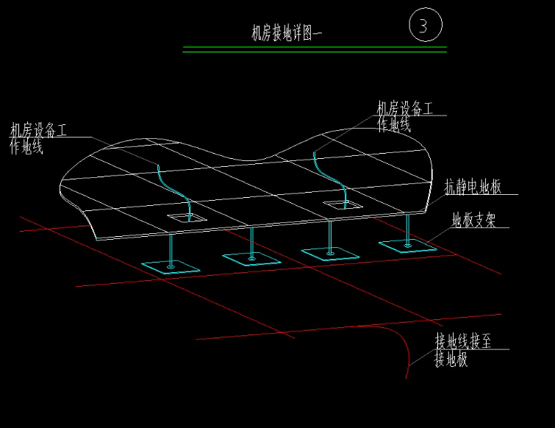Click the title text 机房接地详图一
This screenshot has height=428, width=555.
coord(287,33)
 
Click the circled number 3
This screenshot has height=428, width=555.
coord(426,25)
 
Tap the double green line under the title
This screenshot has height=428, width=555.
coord(315,49)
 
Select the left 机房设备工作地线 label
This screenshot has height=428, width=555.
coord(38,138)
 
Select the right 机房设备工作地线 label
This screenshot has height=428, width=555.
coord(405,116)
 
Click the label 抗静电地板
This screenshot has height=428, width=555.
coord(473,187)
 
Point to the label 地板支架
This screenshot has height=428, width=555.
coord(473,220)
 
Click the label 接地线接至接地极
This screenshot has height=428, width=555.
coord(463,350)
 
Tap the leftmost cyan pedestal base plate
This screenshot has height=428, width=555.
coord(171,267)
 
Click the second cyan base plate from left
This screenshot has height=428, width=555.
coord(251,259)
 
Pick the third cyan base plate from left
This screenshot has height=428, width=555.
coord(330,254)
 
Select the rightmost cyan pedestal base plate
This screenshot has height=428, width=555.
coord(408,246)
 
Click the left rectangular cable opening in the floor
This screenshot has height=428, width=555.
coord(187,218)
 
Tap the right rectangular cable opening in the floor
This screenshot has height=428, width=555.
coord(343,205)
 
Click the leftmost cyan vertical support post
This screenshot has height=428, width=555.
coord(171,250)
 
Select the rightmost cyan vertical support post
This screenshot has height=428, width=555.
coord(408,229)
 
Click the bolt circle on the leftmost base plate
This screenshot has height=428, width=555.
coord(171,267)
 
